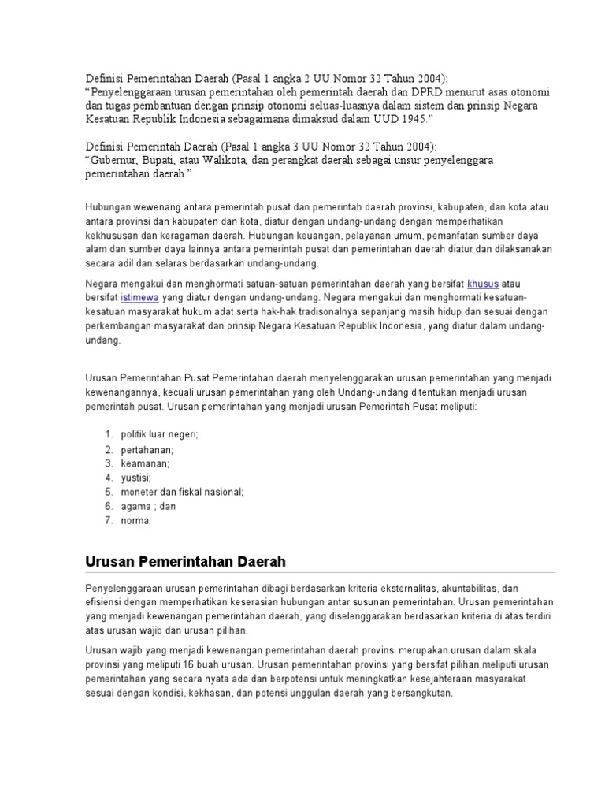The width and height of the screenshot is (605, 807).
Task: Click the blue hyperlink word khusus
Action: tap(482, 282)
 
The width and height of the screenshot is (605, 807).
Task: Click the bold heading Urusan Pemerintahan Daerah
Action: tap(184, 562)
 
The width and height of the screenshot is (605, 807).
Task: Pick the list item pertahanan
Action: tap(147, 449)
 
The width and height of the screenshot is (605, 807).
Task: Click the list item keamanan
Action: tap(145, 463)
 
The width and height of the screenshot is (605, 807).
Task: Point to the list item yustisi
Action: tap(135, 478)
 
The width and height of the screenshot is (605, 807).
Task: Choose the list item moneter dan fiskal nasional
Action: tap(182, 492)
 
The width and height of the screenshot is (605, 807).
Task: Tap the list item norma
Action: tap(135, 520)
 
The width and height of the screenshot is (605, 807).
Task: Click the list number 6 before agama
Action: tap(108, 506)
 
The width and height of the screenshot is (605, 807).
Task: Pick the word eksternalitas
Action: tap(444, 589)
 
